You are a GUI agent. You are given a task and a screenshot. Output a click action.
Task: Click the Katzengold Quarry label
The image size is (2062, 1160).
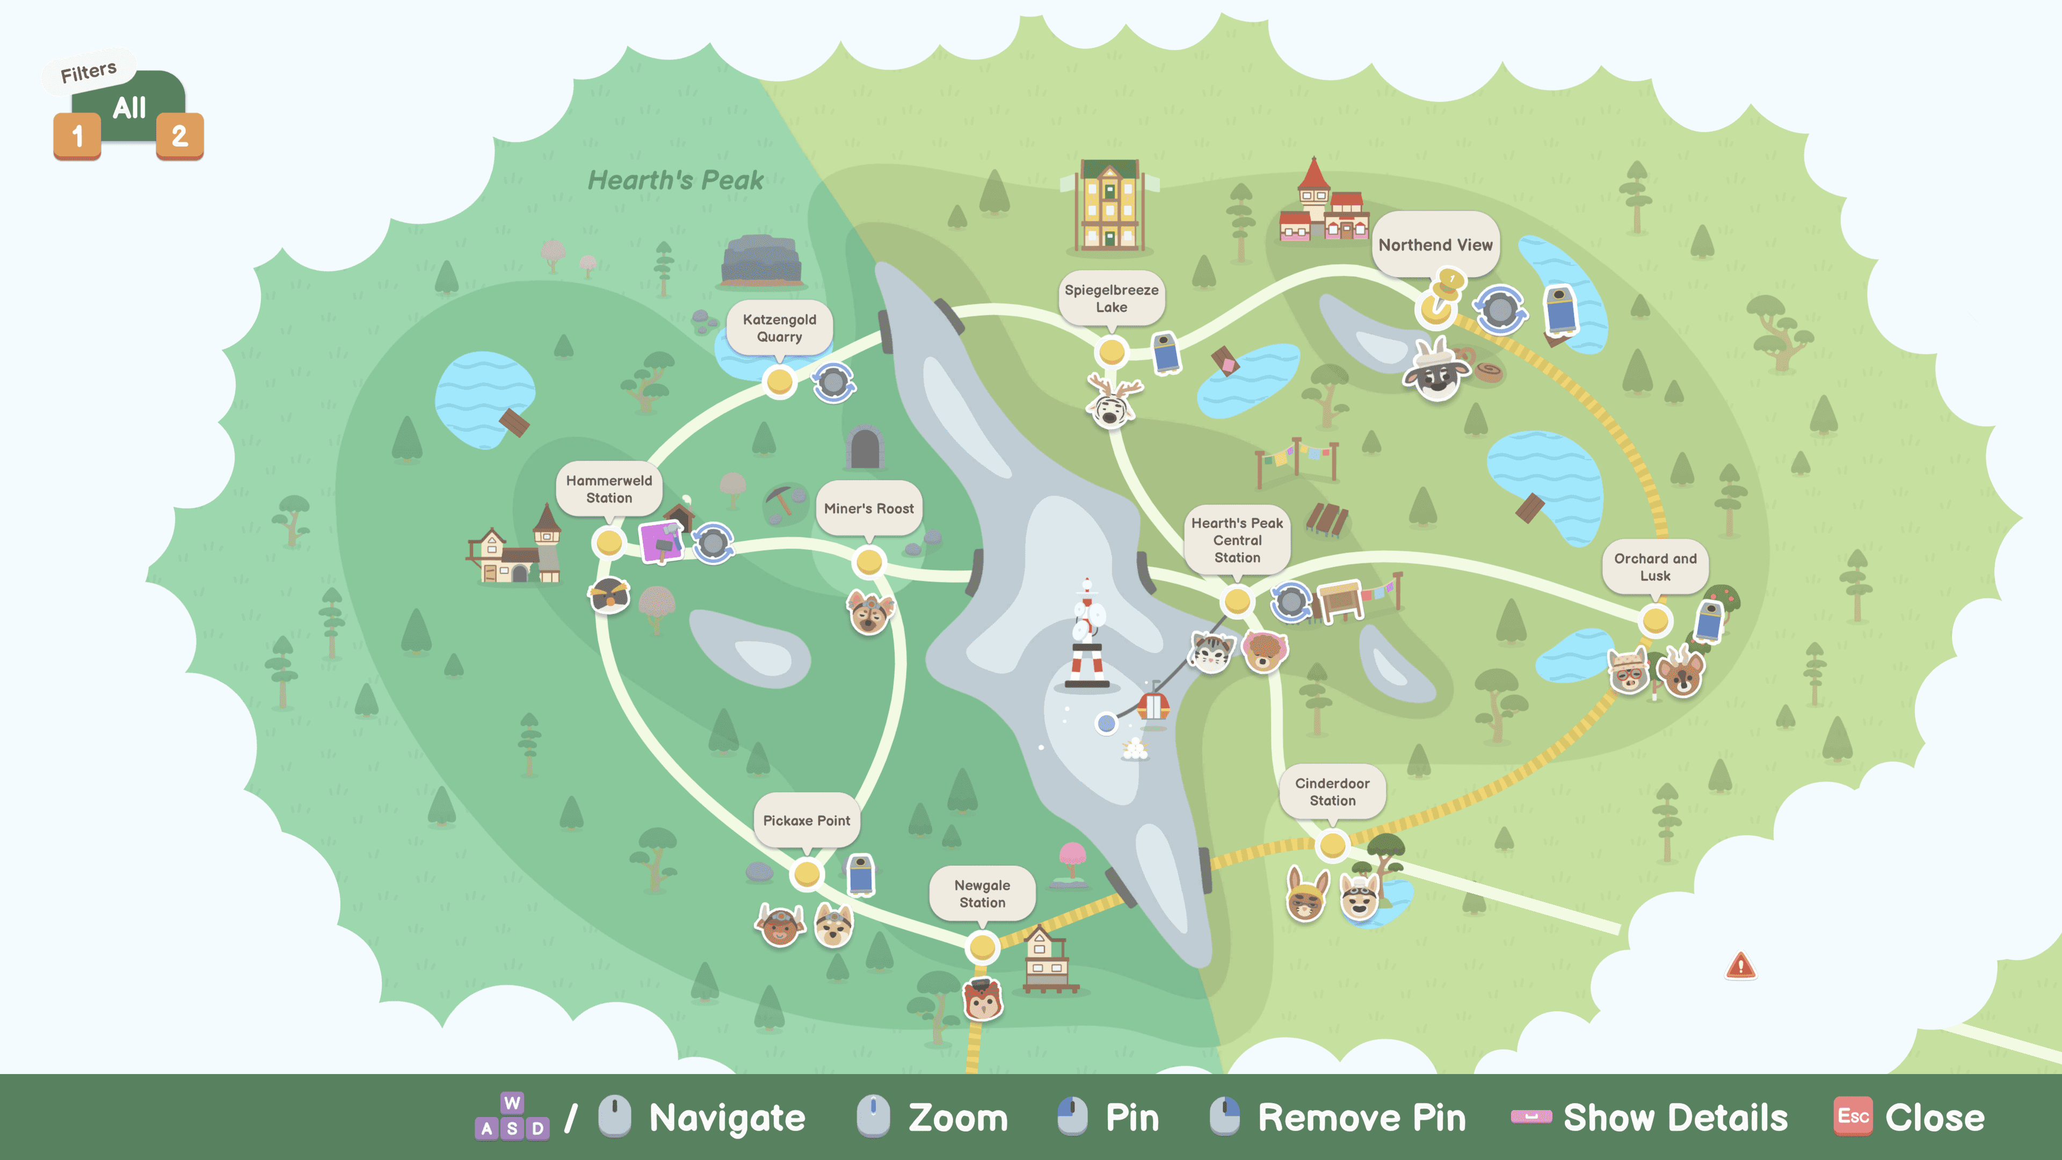(779, 328)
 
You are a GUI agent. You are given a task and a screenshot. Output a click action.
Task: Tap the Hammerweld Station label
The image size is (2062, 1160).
(608, 488)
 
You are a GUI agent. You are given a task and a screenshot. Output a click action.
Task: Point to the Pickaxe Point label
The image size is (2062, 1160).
(806, 820)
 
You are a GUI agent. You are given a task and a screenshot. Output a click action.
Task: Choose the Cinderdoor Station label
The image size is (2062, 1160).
(1332, 791)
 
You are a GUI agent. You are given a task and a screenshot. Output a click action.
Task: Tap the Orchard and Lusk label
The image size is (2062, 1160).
(1654, 566)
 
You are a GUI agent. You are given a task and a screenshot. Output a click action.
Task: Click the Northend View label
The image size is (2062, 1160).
(1435, 244)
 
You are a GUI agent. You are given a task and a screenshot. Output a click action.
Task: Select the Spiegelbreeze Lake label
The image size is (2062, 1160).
(1111, 298)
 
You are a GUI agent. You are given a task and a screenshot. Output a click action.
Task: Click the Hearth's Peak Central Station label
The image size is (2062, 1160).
(1237, 540)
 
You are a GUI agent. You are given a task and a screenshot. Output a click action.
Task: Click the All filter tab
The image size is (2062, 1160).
(129, 107)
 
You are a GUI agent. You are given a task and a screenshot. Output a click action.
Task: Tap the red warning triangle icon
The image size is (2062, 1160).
(1740, 966)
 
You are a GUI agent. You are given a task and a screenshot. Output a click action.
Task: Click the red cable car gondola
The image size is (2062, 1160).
(1153, 706)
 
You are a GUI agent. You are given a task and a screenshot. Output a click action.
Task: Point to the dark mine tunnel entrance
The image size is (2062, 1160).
(865, 447)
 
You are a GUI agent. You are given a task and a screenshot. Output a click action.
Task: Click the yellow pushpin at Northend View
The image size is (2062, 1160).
(1444, 292)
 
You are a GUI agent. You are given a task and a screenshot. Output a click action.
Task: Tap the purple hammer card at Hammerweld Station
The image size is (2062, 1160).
(661, 542)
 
